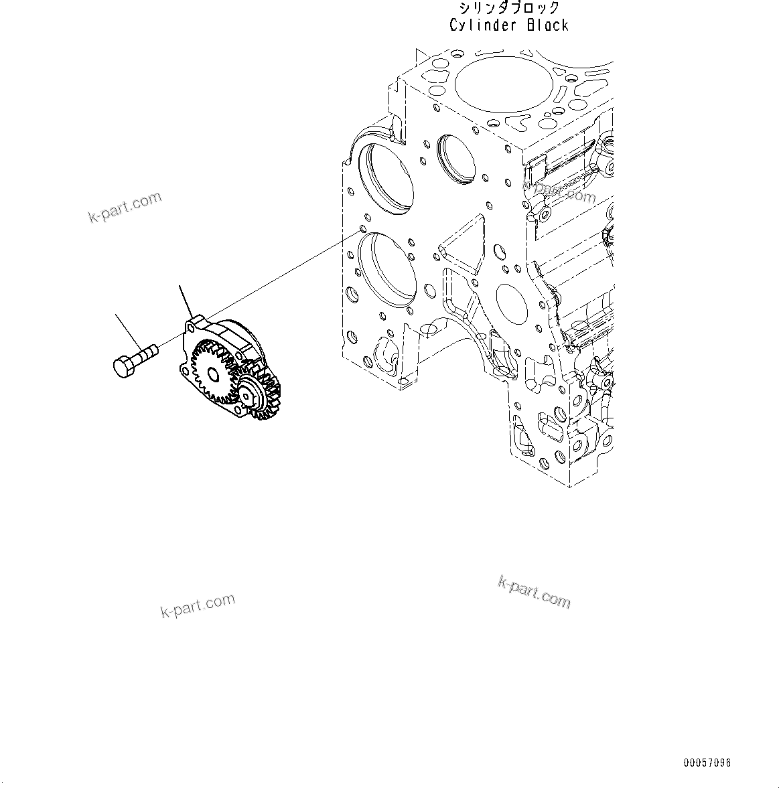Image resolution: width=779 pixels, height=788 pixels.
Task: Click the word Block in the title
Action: click(x=547, y=25)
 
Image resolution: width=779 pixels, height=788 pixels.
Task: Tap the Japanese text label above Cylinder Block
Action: click(x=509, y=8)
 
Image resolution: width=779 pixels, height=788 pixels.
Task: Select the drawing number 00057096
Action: click(x=707, y=763)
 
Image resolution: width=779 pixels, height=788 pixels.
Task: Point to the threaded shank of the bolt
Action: click(x=147, y=351)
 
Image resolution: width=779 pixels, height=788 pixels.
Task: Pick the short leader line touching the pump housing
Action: click(x=186, y=300)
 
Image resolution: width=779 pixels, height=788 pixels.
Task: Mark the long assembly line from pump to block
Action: click(x=281, y=274)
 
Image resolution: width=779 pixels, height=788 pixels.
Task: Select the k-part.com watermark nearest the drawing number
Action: click(x=534, y=592)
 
